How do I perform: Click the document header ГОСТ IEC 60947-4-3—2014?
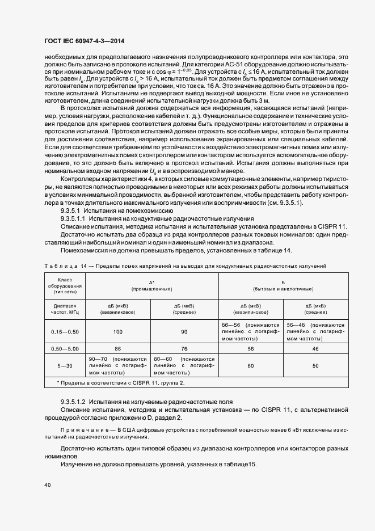84,41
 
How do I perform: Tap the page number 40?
48,484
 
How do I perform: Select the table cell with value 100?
118,331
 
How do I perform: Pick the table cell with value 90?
184,331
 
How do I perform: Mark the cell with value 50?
315,367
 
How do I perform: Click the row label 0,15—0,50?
65,331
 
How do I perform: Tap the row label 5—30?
65,367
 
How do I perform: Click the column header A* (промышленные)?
151,285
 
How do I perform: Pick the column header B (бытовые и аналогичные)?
283,285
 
